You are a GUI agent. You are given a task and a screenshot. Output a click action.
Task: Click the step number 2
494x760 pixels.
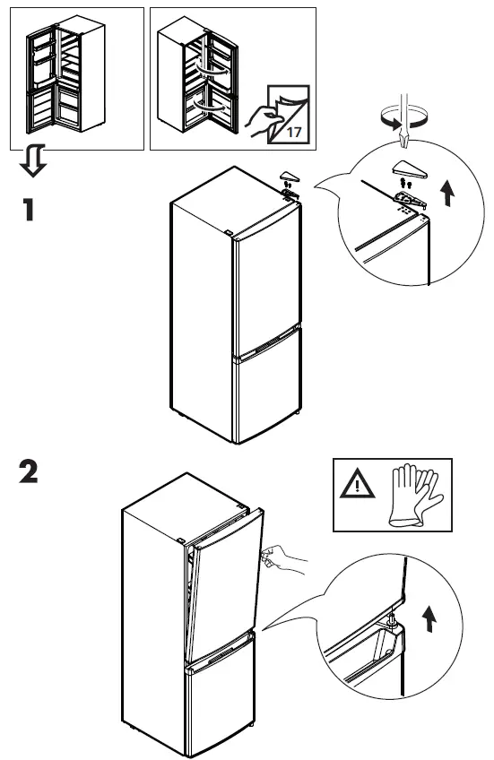pyautogui.click(x=30, y=473)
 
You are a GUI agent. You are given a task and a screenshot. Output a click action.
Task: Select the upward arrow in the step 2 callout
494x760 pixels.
pyautogui.click(x=432, y=617)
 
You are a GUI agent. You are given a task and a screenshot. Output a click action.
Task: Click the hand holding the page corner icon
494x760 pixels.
pyautogui.click(x=265, y=117)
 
